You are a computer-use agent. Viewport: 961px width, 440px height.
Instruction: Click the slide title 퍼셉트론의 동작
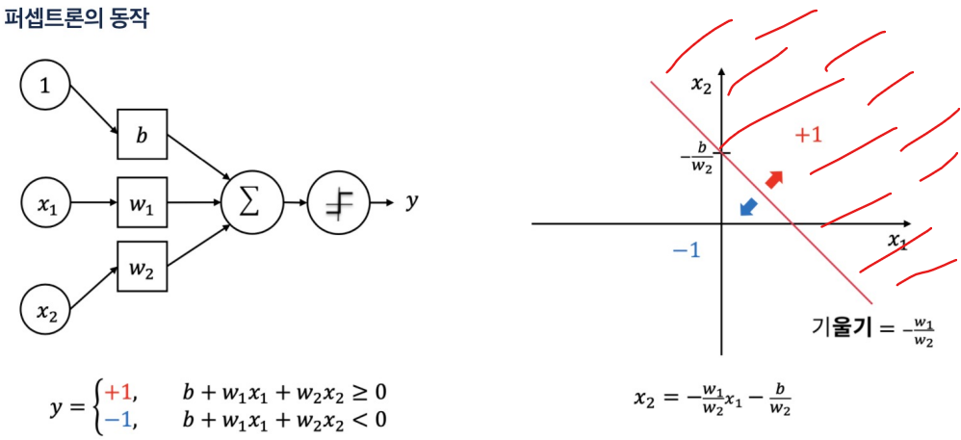pyautogui.click(x=78, y=18)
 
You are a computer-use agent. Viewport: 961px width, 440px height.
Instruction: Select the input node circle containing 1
pyautogui.click(x=44, y=87)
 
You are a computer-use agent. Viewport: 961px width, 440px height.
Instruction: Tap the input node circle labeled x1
pyautogui.click(x=46, y=204)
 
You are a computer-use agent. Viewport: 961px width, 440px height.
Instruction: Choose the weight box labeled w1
pyautogui.click(x=142, y=203)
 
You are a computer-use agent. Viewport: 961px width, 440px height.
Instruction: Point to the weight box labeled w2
pyautogui.click(x=142, y=269)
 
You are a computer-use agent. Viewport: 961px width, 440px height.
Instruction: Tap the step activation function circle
pyautogui.click(x=338, y=203)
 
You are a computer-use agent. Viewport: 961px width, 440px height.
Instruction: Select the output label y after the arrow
pyautogui.click(x=412, y=201)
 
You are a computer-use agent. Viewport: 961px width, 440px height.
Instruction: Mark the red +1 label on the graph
pyautogui.click(x=808, y=135)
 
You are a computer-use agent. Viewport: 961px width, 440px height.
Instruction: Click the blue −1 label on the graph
pyautogui.click(x=686, y=250)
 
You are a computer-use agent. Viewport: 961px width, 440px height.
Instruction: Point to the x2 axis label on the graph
pyautogui.click(x=701, y=85)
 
